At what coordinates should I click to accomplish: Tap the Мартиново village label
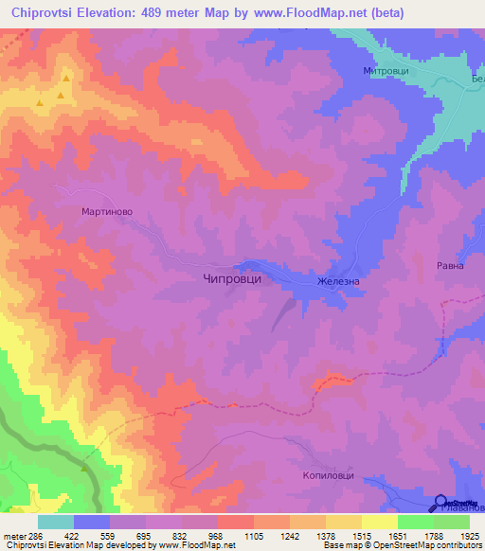pyautogui.click(x=106, y=212)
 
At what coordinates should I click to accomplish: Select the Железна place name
pyautogui.click(x=339, y=280)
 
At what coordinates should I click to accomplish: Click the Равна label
pyautogui.click(x=449, y=266)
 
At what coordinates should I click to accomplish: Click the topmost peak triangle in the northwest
pyautogui.click(x=66, y=80)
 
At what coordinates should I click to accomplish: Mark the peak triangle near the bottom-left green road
pyautogui.click(x=84, y=467)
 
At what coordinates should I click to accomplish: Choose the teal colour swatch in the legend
pyautogui.click(x=55, y=522)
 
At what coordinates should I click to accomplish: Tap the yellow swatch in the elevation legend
pyautogui.click(x=379, y=522)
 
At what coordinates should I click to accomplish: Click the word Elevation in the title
pyautogui.click(x=124, y=12)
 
